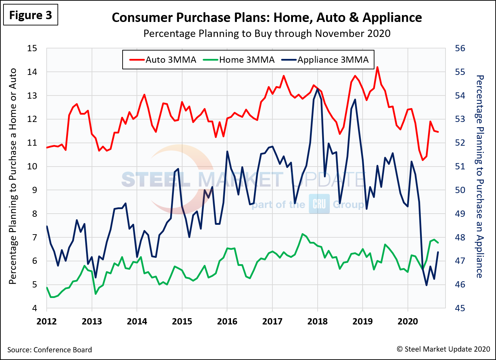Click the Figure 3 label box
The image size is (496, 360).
tap(30, 15)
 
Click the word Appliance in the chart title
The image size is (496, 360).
tap(392, 17)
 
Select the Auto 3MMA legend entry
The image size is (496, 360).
tap(163, 60)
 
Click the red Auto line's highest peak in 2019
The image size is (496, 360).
tap(377, 67)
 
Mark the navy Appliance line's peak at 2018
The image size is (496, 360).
tap(317, 89)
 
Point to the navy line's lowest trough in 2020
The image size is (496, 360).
tap(426, 285)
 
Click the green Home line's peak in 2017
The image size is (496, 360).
tap(302, 234)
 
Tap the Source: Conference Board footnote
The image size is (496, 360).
tap(49, 350)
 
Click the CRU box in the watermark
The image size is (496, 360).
tap(319, 205)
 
